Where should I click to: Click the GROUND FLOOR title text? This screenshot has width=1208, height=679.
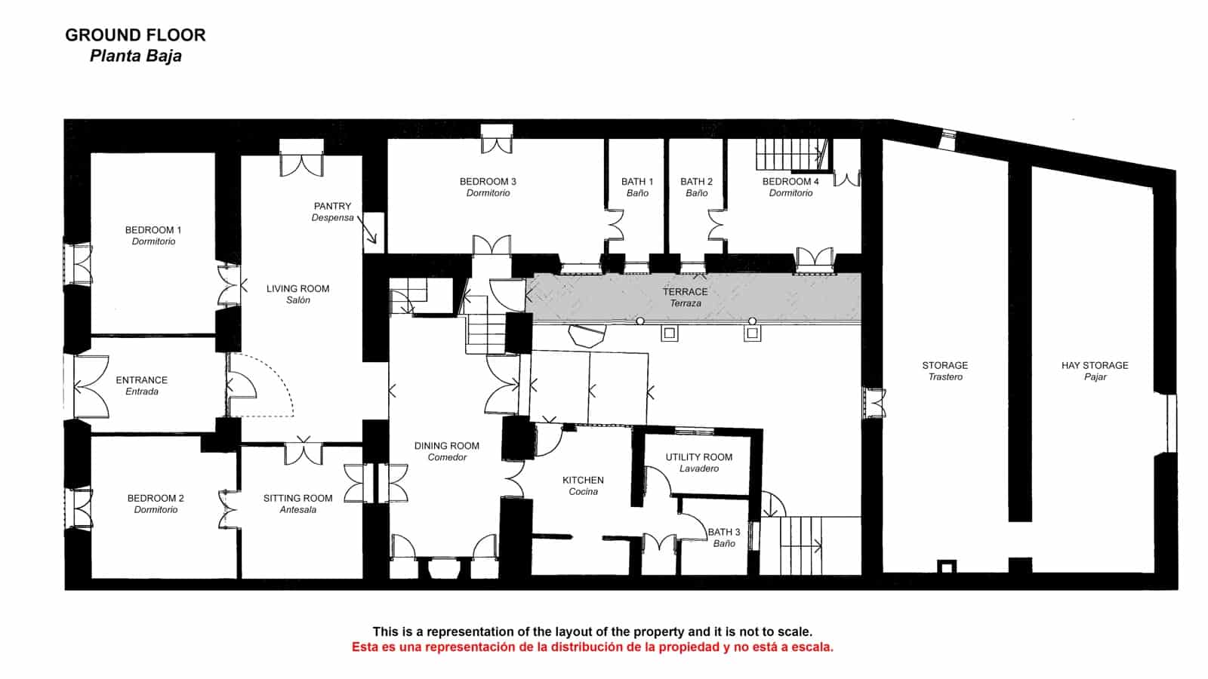[135, 35]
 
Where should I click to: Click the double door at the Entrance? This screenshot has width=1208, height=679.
[91, 386]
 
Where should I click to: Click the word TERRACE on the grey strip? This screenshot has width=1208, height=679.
[685, 291]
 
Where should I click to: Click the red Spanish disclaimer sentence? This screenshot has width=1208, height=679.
[592, 647]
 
